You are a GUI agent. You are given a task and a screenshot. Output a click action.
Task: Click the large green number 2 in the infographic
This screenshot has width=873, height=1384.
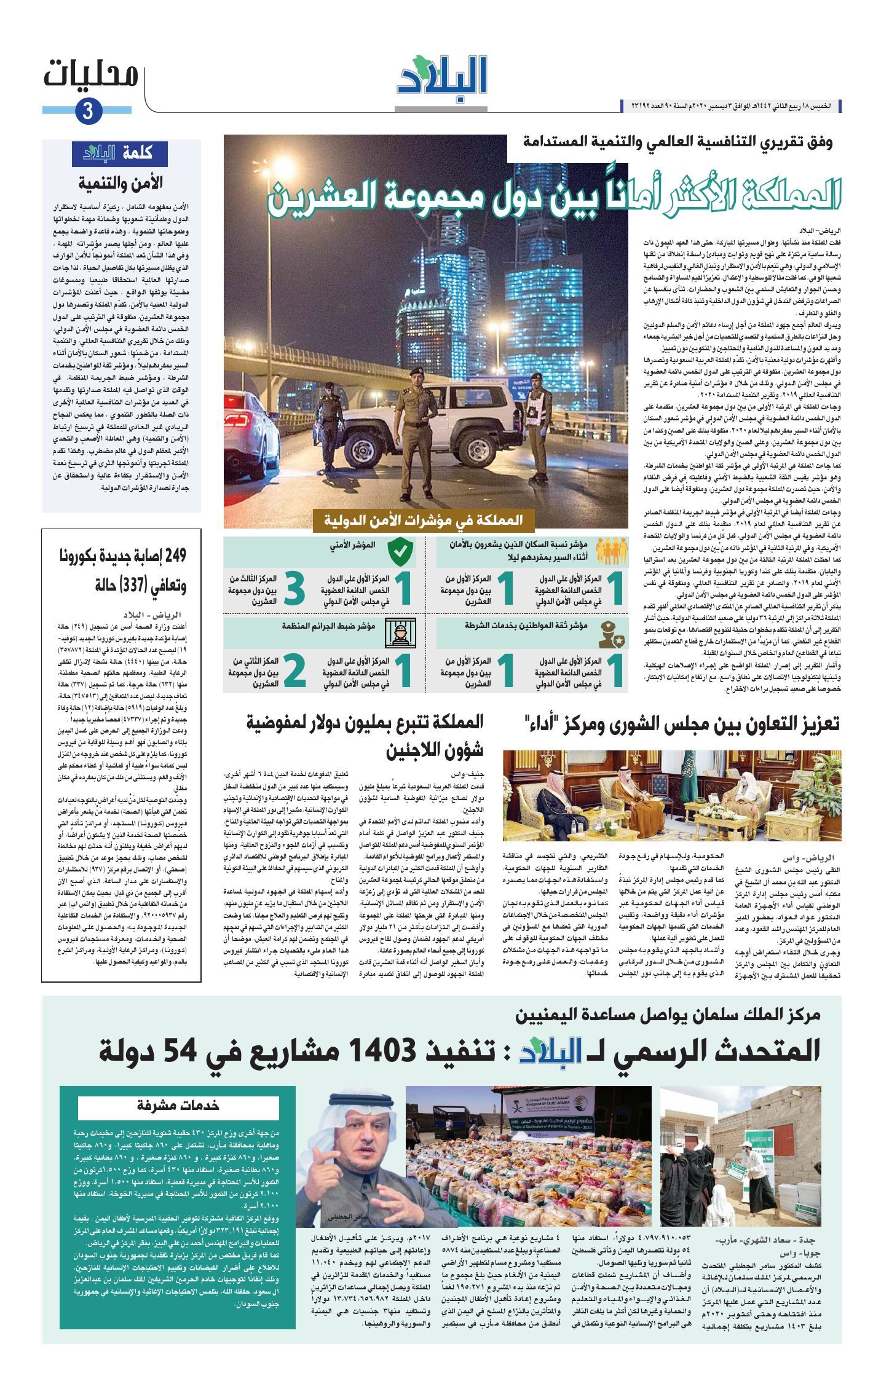(x=294, y=671)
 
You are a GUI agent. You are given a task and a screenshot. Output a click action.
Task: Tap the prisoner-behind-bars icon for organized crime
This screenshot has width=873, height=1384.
(x=400, y=632)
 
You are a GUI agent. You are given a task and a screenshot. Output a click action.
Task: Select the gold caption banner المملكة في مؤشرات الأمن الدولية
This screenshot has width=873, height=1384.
(x=424, y=519)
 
